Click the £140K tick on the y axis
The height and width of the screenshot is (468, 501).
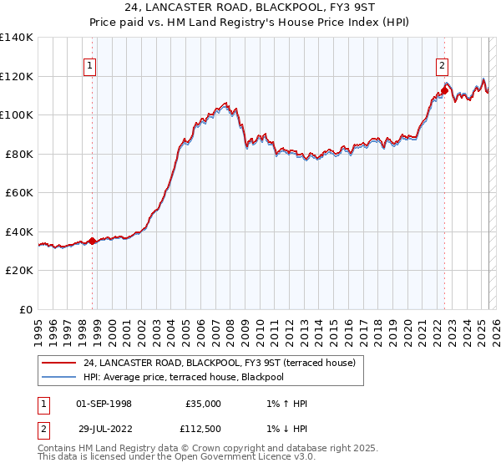pos(17,38)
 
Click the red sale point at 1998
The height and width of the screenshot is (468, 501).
pos(93,242)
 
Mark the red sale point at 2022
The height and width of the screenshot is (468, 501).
pos(444,90)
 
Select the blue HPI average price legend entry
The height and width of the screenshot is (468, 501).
pos(195,378)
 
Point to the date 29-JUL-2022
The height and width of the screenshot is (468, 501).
pos(104,428)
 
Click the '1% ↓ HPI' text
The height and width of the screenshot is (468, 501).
pos(283,428)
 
